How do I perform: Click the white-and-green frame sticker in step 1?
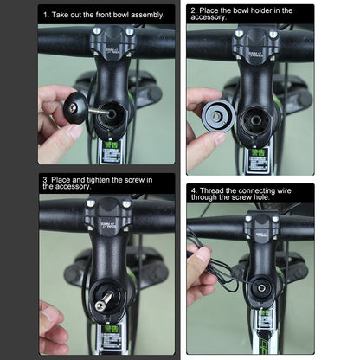pyautogui.click(x=112, y=154)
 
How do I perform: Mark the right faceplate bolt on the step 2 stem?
pyautogui.click(x=273, y=33)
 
